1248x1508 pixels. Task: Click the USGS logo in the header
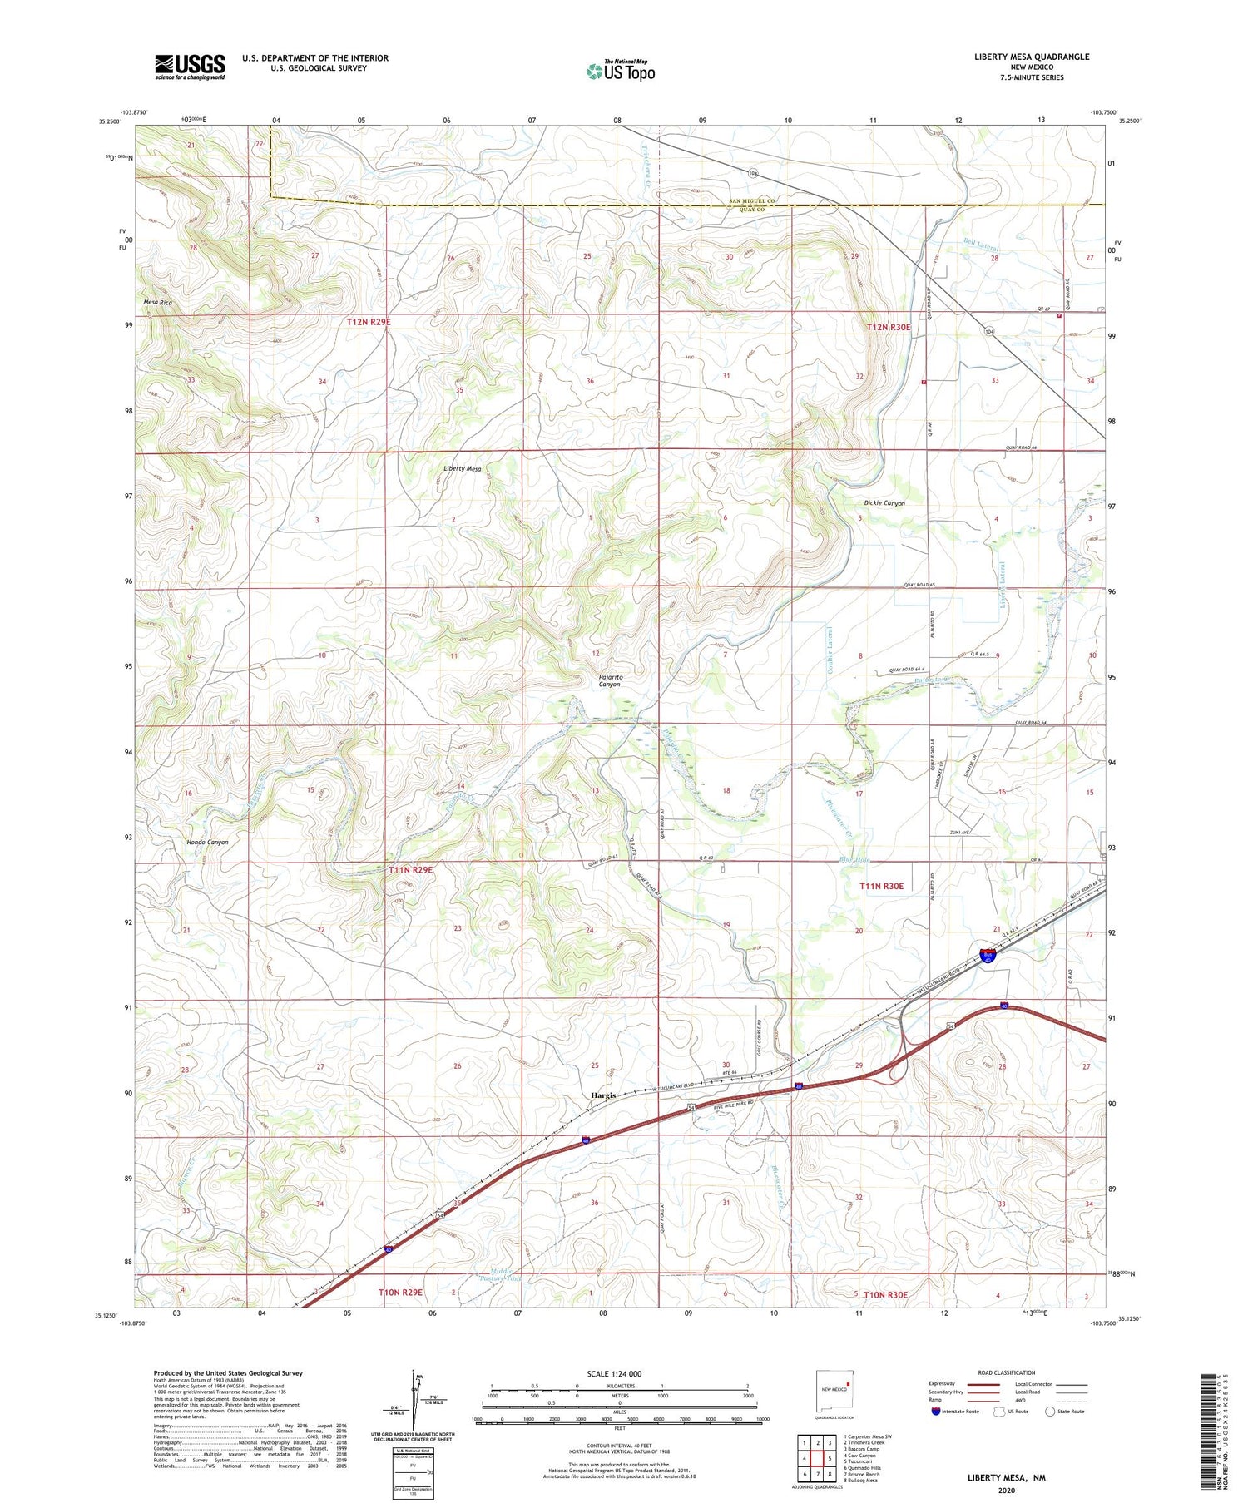(x=190, y=67)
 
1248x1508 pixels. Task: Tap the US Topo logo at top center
(x=621, y=71)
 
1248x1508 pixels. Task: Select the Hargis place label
(x=603, y=1095)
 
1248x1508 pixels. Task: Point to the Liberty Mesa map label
(x=462, y=469)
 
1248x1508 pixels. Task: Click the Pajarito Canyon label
(x=610, y=680)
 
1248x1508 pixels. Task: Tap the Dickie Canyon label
(x=884, y=503)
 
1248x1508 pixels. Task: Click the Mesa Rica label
(x=158, y=303)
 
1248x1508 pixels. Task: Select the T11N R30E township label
(x=881, y=887)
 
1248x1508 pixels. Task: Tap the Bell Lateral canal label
(x=981, y=245)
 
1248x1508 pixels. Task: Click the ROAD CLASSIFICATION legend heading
(x=1007, y=1372)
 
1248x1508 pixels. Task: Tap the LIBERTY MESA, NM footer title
(x=1006, y=1477)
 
